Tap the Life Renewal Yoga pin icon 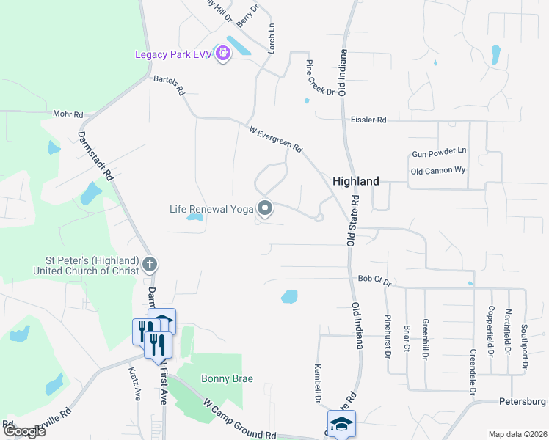[265, 209]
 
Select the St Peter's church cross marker [149, 264]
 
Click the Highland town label [356, 180]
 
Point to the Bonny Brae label [227, 378]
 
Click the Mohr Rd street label [68, 114]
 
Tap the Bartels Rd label [169, 86]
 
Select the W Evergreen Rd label [275, 139]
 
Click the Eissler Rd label [368, 119]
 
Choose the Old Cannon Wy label [438, 171]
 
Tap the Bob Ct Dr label [375, 279]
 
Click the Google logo [24, 431]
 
